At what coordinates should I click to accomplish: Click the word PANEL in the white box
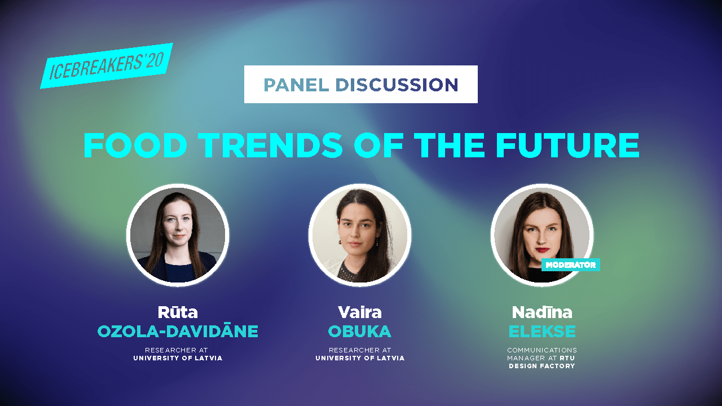[296, 85]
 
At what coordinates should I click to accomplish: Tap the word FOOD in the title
[135, 145]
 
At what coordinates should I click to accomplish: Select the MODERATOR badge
[570, 264]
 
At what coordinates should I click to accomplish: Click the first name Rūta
[178, 312]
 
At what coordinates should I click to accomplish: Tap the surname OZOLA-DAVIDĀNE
[178, 331]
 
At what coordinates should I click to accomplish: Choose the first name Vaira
[360, 312]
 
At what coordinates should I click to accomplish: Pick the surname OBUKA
[360, 331]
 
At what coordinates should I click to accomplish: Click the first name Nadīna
[542, 312]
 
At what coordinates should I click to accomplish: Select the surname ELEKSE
[542, 331]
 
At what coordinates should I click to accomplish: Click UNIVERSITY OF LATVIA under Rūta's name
[178, 358]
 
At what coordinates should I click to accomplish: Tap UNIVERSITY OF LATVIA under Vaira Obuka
[360, 358]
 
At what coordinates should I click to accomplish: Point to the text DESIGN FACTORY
[542, 366]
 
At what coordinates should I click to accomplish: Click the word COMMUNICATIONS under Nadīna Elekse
[542, 350]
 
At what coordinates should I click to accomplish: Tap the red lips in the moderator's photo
[543, 250]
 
